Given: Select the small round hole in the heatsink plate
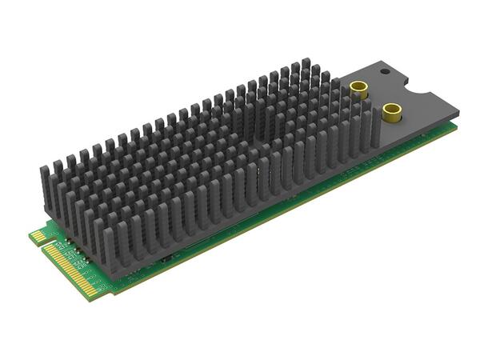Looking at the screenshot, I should click(384, 71).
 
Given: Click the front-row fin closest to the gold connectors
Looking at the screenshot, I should click(366, 128).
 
